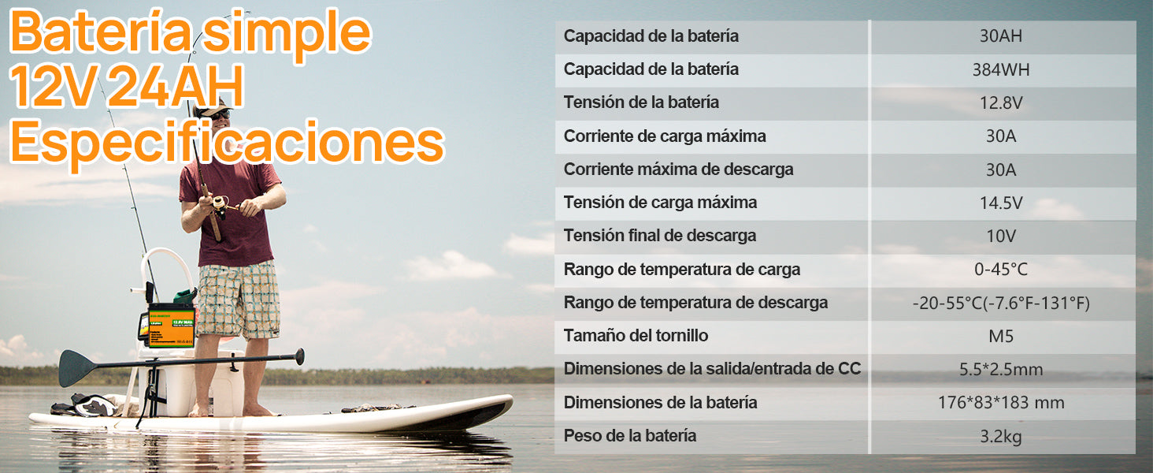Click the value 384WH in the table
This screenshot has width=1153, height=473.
pyautogui.click(x=1001, y=69)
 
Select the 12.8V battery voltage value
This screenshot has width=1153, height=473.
pyautogui.click(x=1001, y=103)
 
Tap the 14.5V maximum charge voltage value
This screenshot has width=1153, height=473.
pyautogui.click(x=1001, y=203)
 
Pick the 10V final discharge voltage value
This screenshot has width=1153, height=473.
pyautogui.click(x=1001, y=236)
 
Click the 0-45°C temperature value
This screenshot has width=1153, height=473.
pyautogui.click(x=1001, y=270)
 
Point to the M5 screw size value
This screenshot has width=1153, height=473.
pyautogui.click(x=1001, y=337)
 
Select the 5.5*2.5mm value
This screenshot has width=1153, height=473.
pyautogui.click(x=1001, y=370)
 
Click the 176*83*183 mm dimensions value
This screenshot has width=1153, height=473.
pyautogui.click(x=1001, y=402)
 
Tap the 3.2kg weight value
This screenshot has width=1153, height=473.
pyautogui.click(x=1001, y=437)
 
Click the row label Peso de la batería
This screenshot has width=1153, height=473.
pyautogui.click(x=629, y=436)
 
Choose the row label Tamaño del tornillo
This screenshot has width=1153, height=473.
pyautogui.click(x=636, y=336)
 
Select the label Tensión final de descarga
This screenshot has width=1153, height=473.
pyautogui.click(x=660, y=236)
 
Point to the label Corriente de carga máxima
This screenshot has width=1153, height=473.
pyautogui.click(x=665, y=136)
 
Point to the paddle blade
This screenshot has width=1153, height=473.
pyautogui.click(x=77, y=368)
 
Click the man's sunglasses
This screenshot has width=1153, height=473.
pyautogui.click(x=220, y=114)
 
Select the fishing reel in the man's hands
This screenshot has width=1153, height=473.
pyautogui.click(x=221, y=205)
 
